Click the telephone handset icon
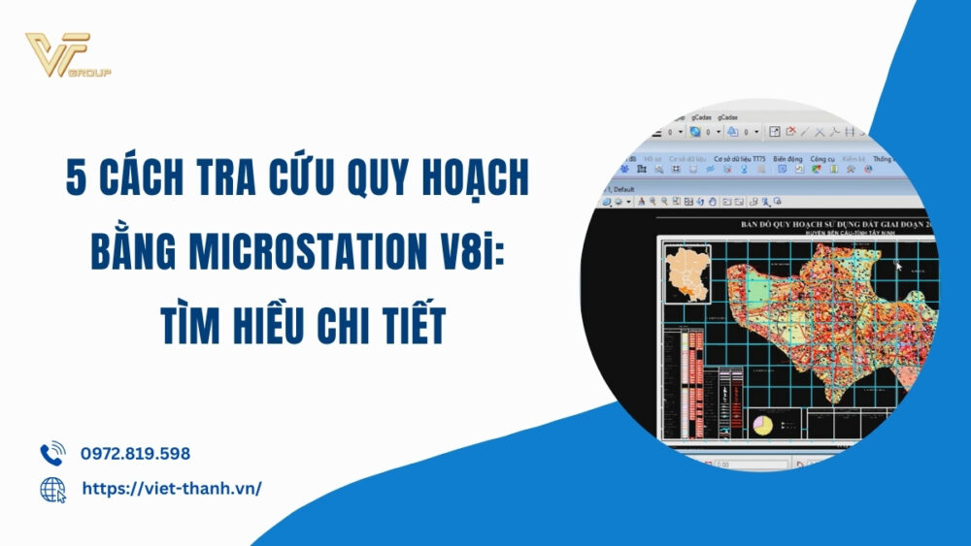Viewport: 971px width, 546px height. (x=51, y=453)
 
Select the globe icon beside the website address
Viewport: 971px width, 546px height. (x=52, y=490)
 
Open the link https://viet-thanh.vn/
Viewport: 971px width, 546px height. (x=172, y=489)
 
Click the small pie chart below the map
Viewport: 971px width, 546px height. (x=763, y=425)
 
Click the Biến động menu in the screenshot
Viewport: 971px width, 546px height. (x=787, y=158)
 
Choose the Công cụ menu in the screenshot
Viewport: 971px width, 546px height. (x=822, y=158)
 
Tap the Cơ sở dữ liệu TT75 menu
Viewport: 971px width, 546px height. (x=739, y=158)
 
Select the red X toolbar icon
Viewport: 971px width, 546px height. (x=791, y=131)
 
